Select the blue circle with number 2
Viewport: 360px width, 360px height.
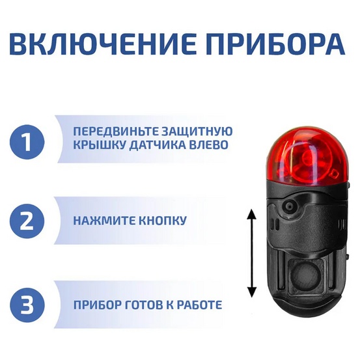pyautogui.click(x=27, y=221)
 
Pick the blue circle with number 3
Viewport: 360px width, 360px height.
pyautogui.click(x=27, y=304)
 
